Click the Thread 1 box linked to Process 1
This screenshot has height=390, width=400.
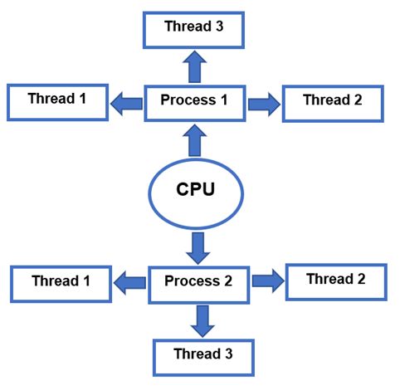[x=57, y=100]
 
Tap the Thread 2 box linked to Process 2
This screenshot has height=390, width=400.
[x=335, y=280]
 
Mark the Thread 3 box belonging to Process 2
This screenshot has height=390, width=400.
[x=202, y=355]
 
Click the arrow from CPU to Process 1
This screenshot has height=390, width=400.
[x=197, y=139]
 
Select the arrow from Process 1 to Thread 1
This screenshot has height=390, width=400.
[x=127, y=103]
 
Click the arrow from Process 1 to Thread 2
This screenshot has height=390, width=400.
[x=263, y=103]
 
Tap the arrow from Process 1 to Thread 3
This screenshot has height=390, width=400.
[x=193, y=65]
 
